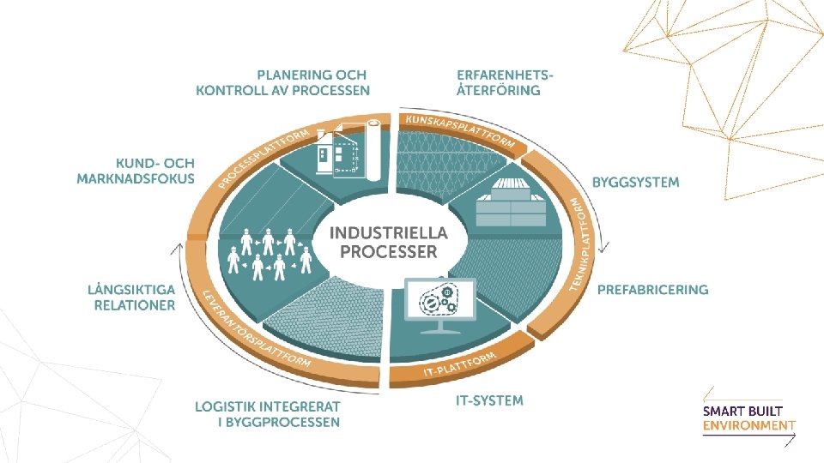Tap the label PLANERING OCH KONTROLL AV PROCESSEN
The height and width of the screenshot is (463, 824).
tap(282, 82)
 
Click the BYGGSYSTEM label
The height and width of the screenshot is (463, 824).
tap(635, 183)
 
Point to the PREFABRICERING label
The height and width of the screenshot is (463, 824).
tap(652, 290)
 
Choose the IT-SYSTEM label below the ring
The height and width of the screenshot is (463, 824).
tap(489, 400)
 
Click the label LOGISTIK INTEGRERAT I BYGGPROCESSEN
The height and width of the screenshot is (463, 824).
tap(267, 414)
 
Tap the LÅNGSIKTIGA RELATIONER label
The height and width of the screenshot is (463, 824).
tap(131, 298)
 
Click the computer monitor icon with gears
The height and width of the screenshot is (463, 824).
tap(439, 304)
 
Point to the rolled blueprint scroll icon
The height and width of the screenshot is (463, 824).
tap(373, 151)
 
